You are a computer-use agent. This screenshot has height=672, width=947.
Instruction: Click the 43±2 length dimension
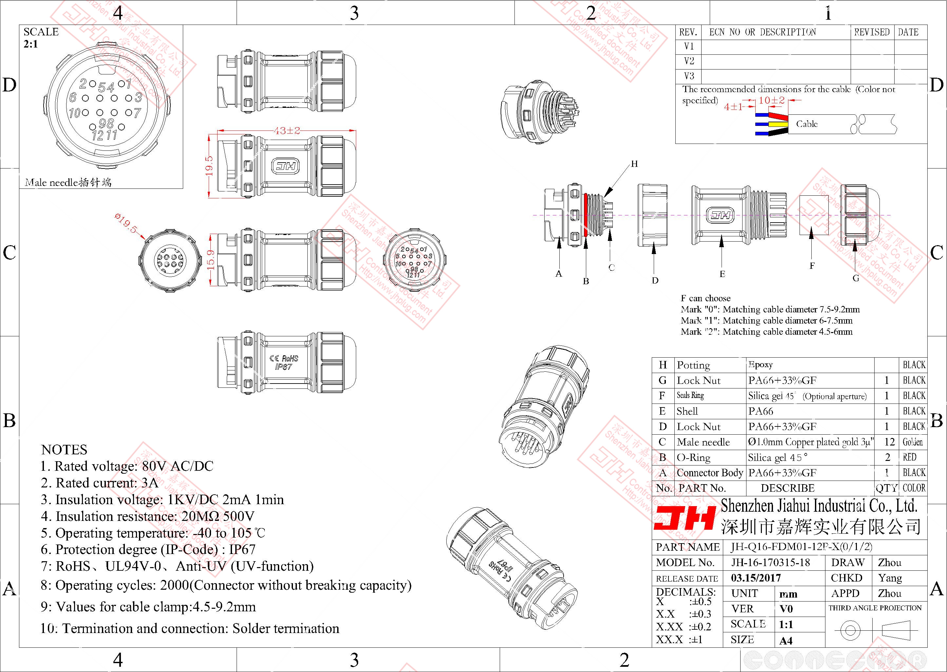(x=287, y=131)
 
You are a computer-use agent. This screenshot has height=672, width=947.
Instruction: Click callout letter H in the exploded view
(x=634, y=164)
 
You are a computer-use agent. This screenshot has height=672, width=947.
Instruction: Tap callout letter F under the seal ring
(x=812, y=266)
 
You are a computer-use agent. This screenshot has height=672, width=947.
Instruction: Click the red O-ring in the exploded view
(x=586, y=214)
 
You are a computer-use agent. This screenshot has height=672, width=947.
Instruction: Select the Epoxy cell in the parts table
(x=761, y=365)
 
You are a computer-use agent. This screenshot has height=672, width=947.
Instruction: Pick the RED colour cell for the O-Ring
(x=909, y=457)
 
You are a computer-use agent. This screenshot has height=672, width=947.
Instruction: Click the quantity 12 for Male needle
(x=886, y=442)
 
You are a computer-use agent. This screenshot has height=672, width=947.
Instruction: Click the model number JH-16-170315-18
(x=770, y=562)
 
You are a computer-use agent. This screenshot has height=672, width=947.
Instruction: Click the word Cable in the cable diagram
(x=807, y=124)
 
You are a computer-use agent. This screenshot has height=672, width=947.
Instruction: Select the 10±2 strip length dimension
(x=771, y=100)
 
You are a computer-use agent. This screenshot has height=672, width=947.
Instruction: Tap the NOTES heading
(x=64, y=449)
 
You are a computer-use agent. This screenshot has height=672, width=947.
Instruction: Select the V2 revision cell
(x=689, y=61)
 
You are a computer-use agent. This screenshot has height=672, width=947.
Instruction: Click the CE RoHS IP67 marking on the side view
(x=284, y=363)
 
